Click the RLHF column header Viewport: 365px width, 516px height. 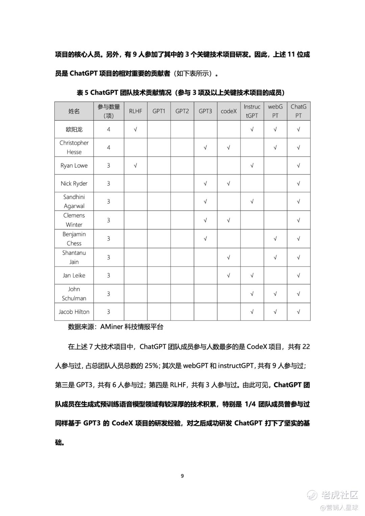[x=136, y=111]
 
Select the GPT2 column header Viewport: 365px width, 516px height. [x=182, y=111]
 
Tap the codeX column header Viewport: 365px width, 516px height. [x=228, y=111]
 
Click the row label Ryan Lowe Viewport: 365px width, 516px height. [x=74, y=166]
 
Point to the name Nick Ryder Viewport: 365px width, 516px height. [x=74, y=183]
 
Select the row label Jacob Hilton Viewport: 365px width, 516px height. [x=74, y=312]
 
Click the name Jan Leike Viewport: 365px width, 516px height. [x=74, y=275]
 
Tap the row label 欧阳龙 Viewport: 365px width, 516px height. [x=74, y=129]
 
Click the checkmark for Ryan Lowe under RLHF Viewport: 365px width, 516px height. [x=136, y=166]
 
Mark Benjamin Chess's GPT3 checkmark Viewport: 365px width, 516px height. [x=205, y=239]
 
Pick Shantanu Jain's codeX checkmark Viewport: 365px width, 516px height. [x=228, y=257]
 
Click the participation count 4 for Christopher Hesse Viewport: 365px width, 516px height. [x=108, y=147]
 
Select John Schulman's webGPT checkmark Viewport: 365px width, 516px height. [x=275, y=294]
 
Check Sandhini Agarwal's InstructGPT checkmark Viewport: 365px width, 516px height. [x=252, y=201]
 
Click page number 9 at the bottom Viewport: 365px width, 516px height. [x=182, y=476]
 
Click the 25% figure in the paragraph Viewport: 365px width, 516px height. [x=151, y=366]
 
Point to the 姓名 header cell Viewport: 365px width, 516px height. [x=74, y=111]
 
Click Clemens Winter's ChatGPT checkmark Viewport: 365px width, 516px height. [x=298, y=220]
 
